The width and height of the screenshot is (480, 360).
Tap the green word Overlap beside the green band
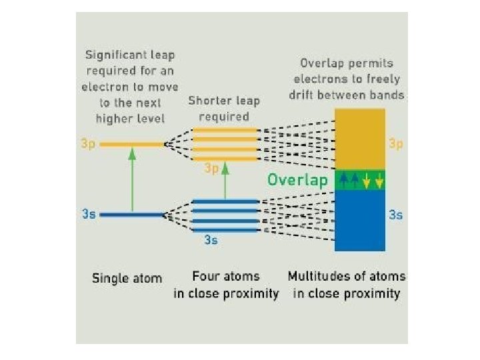[x=297, y=180]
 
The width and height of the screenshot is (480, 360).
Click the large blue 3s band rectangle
[x=359, y=220]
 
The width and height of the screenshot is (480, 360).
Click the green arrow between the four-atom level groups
[x=225, y=181]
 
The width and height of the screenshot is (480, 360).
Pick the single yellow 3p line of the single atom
[x=132, y=143]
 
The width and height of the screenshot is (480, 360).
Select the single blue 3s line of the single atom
[x=132, y=215]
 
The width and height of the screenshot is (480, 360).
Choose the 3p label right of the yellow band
[x=395, y=143]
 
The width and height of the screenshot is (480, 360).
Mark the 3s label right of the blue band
[x=395, y=215]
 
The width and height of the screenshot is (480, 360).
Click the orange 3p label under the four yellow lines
[x=211, y=169]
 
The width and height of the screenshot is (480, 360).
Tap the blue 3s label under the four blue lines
[x=211, y=240]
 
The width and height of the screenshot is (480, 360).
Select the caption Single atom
[x=127, y=278]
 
